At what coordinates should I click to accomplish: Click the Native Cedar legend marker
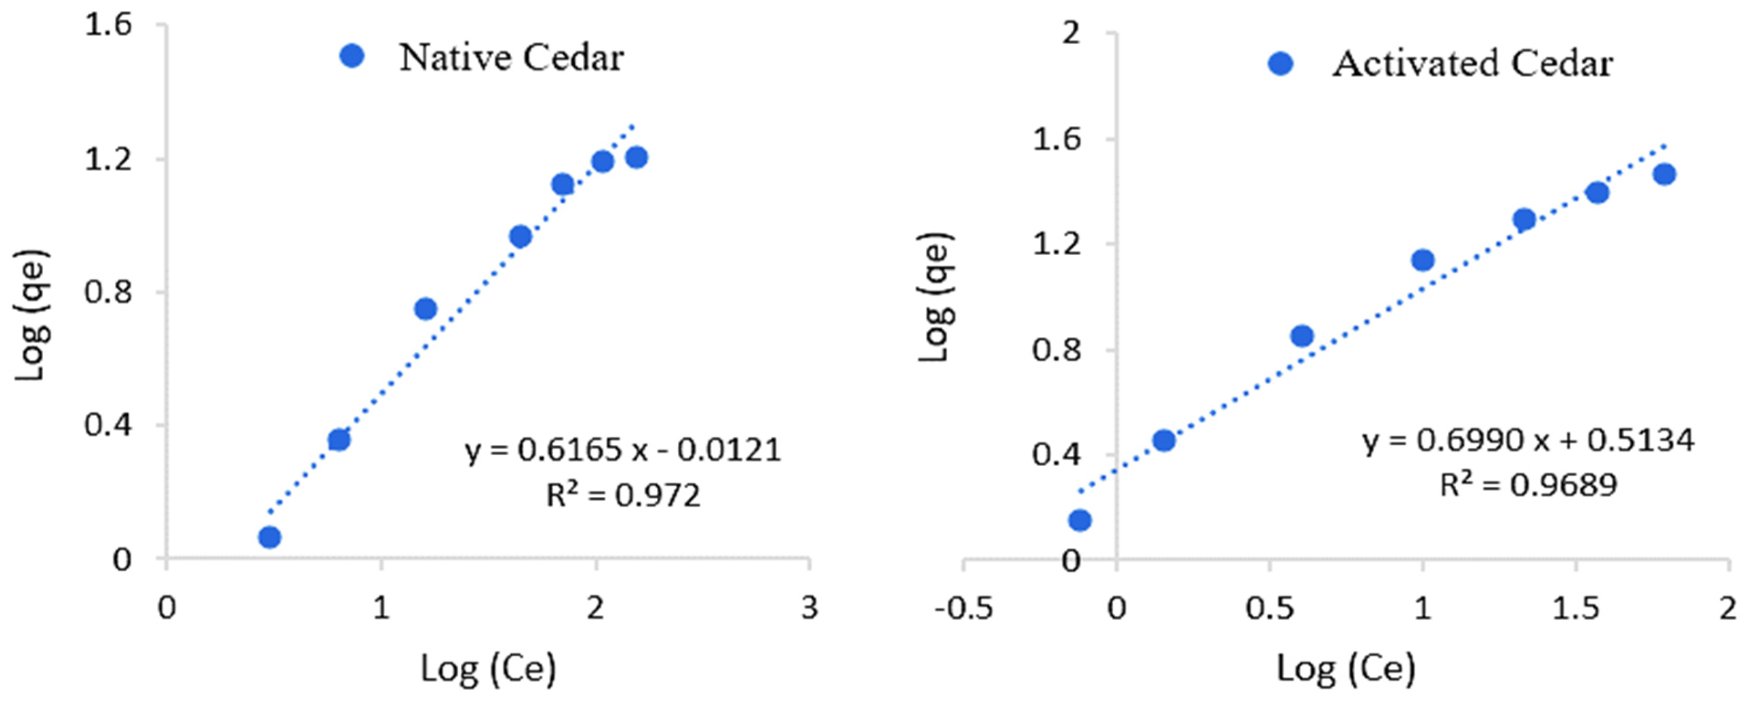[x=352, y=56]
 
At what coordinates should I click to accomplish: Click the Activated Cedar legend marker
[x=1281, y=64]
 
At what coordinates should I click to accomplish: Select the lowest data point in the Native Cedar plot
[x=270, y=537]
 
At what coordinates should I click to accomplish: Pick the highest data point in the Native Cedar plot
[x=637, y=158]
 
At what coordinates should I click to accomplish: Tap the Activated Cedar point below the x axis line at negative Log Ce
[x=1080, y=520]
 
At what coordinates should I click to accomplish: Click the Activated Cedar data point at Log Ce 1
[x=1423, y=260]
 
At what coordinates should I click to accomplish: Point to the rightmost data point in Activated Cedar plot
[x=1664, y=174]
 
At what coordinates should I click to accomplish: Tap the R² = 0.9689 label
[x=1528, y=485]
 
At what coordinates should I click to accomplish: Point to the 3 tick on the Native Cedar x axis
[x=809, y=607]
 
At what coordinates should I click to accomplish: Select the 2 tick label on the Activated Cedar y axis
[x=1070, y=32]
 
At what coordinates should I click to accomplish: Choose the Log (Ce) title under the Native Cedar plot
[x=488, y=669]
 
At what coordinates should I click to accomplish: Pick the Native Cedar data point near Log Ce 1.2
[x=425, y=309]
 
